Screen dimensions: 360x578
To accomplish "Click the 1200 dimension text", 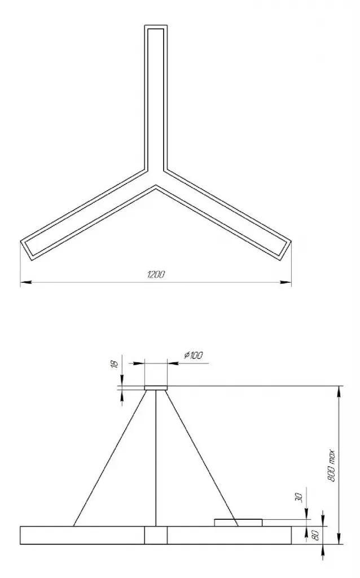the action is pyautogui.click(x=156, y=275).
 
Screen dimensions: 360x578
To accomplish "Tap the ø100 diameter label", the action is pyautogui.click(x=194, y=355).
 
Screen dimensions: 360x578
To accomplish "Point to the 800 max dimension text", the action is pyautogui.click(x=331, y=466).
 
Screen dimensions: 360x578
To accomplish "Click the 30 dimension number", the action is pyautogui.click(x=299, y=498).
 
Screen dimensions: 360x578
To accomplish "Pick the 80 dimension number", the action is pyautogui.click(x=316, y=536).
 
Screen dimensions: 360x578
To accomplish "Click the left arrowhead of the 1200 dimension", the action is pyautogui.click(x=25, y=282).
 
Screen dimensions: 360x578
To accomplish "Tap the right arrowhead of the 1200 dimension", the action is pyautogui.click(x=286, y=282).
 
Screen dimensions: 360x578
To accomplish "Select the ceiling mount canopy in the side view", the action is pyautogui.click(x=156, y=388).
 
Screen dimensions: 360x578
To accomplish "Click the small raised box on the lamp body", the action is pyautogui.click(x=239, y=522).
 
